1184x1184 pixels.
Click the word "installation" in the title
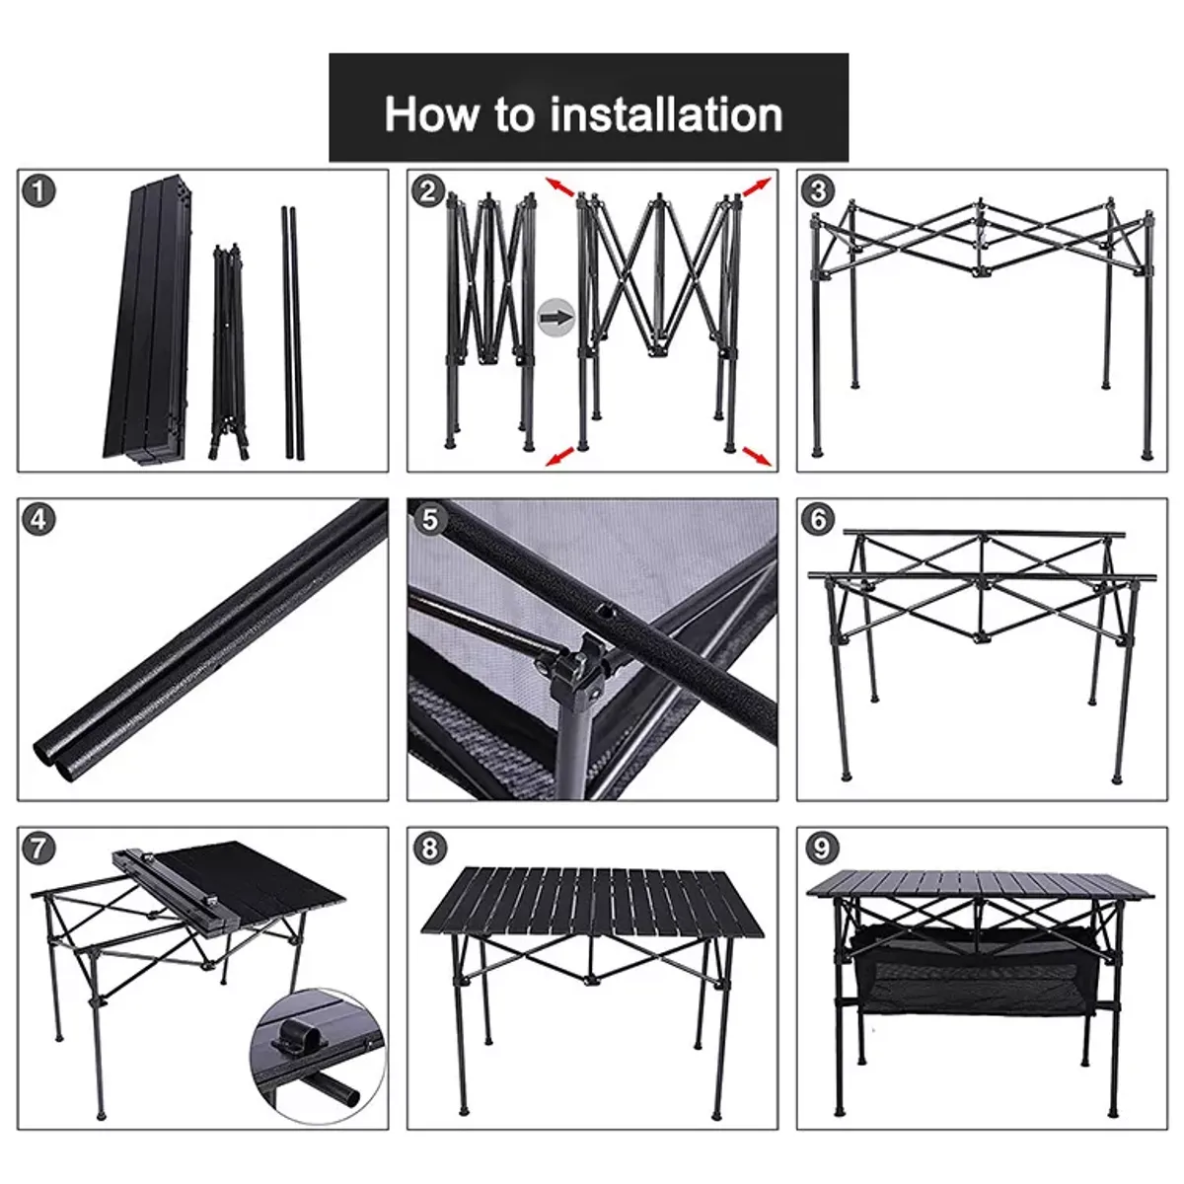[x=667, y=114]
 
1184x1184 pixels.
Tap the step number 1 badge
[x=38, y=190]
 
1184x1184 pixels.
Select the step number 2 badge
[x=428, y=189]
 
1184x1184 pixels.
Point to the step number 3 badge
[x=818, y=190]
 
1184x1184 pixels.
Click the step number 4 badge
[x=38, y=519]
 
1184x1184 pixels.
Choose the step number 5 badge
[x=428, y=519]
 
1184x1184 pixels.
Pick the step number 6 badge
[x=818, y=519]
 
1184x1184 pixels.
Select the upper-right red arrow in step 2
[x=757, y=188]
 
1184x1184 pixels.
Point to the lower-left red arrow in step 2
[x=560, y=455]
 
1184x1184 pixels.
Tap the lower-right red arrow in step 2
[x=757, y=455]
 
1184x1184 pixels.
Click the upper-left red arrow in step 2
[x=560, y=186]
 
